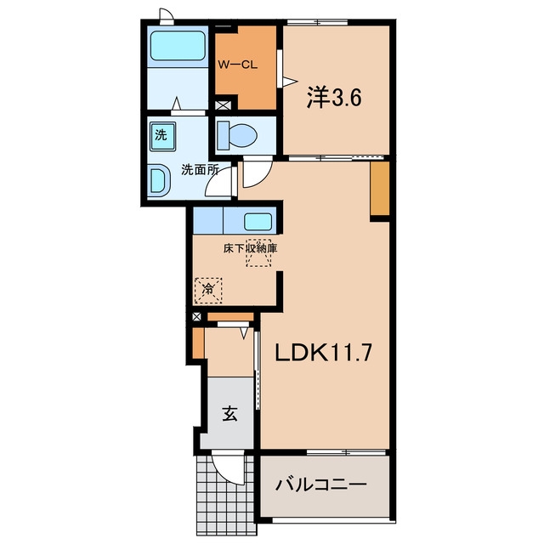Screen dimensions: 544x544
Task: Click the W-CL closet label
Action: pyautogui.click(x=238, y=65)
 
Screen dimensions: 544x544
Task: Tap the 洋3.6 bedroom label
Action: pyautogui.click(x=334, y=98)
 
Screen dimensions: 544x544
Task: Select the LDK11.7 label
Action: pyautogui.click(x=323, y=353)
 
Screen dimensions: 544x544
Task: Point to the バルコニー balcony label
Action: pyautogui.click(x=321, y=484)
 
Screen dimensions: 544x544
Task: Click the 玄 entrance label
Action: pyautogui.click(x=229, y=413)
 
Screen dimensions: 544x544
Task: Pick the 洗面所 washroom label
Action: pyautogui.click(x=200, y=170)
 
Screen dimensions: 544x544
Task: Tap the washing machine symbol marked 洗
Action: pyautogui.click(x=162, y=136)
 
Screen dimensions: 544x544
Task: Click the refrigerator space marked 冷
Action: pyautogui.click(x=208, y=291)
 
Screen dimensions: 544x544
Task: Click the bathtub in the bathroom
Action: pyautogui.click(x=178, y=47)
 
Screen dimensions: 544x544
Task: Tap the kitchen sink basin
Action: pyautogui.click(x=258, y=221)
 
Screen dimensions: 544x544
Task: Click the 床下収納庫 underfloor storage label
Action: pyautogui.click(x=250, y=248)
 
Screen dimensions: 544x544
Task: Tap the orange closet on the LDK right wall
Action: pyautogui.click(x=380, y=189)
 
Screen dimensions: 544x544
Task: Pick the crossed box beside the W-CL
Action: pyautogui.click(x=221, y=105)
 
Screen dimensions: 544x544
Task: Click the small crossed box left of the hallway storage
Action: pyautogui.click(x=196, y=316)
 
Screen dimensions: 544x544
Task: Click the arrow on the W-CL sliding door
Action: pyautogui.click(x=290, y=82)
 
